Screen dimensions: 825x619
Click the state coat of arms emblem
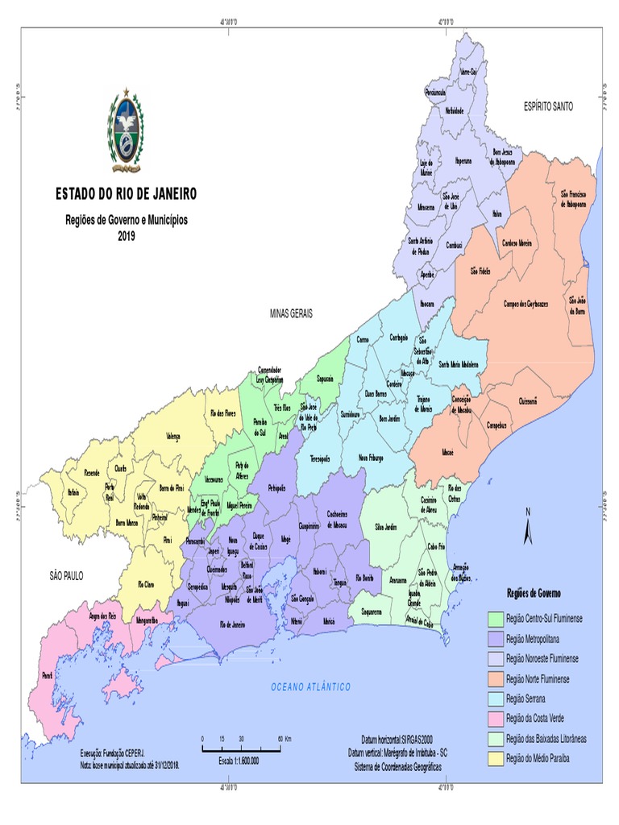tap(124, 133)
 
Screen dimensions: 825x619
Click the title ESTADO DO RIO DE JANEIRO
tap(125, 194)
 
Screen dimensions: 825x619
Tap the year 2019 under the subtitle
tap(127, 236)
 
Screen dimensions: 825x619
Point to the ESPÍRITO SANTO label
tap(548, 106)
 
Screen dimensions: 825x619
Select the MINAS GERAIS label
tap(291, 313)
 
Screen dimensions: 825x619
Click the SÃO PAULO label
tap(67, 575)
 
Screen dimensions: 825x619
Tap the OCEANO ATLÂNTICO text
tap(310, 687)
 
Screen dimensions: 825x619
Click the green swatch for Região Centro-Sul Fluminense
tap(495, 618)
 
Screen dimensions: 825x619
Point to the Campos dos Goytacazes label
tap(525, 304)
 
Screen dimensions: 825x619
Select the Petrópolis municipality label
tap(276, 488)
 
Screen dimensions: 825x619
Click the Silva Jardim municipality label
tap(386, 526)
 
